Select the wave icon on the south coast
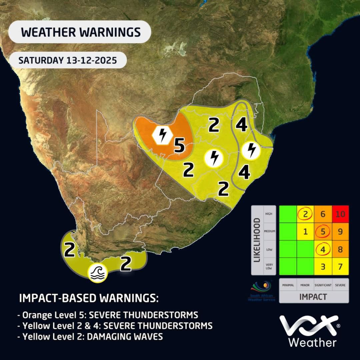click(x=97, y=273)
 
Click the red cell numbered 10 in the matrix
click(x=340, y=214)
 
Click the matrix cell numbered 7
click(x=340, y=266)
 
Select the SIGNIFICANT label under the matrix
click(x=323, y=285)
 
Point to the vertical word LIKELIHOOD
click(x=257, y=240)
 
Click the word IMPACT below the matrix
click(x=313, y=297)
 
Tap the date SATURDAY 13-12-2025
click(x=67, y=60)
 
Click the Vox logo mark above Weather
click(x=309, y=326)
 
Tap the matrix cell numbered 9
click(x=340, y=231)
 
